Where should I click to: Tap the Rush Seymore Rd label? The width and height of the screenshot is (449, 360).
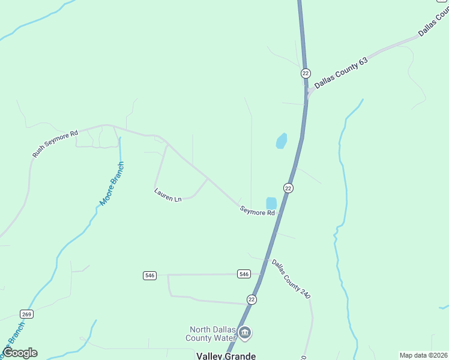55,144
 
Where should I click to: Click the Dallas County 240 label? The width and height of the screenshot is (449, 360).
291,279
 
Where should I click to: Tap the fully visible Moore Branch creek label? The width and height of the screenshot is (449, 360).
112,184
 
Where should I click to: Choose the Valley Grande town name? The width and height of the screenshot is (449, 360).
226,356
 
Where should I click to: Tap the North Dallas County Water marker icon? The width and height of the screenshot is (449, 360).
244,332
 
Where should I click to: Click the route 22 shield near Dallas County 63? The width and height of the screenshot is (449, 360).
306,73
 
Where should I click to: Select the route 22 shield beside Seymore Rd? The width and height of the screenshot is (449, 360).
289,188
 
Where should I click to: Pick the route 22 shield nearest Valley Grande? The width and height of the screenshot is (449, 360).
252,299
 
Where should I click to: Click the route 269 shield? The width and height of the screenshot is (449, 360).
26,314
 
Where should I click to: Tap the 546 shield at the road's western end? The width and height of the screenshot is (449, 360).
150,275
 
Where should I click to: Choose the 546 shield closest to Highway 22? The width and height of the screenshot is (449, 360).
243,274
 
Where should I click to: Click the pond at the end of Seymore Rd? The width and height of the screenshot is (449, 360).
271,203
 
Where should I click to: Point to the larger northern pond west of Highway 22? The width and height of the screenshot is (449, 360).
281,141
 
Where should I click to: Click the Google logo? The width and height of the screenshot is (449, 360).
20,353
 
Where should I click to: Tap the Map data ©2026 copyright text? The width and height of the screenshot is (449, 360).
423,355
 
